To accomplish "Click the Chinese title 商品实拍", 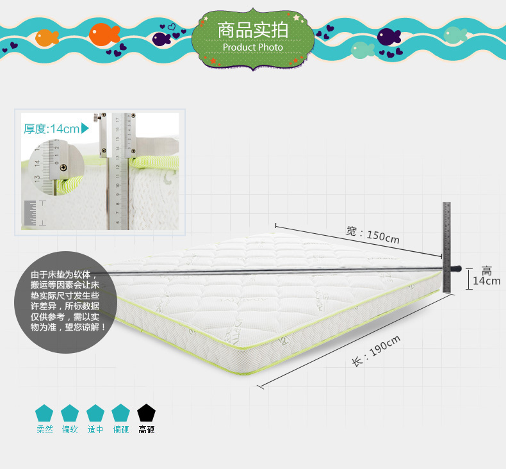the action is coord(252,30).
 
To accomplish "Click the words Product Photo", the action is coord(252,47).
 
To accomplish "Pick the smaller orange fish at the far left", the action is coord(47,37).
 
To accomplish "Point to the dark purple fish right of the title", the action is coord(388,37).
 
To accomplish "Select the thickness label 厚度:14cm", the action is coord(51,129).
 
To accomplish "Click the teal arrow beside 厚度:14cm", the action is coord(85,129).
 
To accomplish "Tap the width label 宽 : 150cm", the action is coord(373,234).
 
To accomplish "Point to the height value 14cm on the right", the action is coord(487,281).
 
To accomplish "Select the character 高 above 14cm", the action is coord(487,270).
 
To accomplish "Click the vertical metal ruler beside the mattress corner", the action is coord(447,247).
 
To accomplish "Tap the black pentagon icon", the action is coord(146,413).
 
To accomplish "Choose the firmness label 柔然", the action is coord(44,430).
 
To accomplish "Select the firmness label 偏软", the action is coord(70,430).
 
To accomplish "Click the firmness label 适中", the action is coord(95,430).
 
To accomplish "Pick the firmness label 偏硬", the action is coord(121,430).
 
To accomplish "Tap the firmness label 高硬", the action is coord(147,430).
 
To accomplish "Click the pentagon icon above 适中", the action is coord(95,413).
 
